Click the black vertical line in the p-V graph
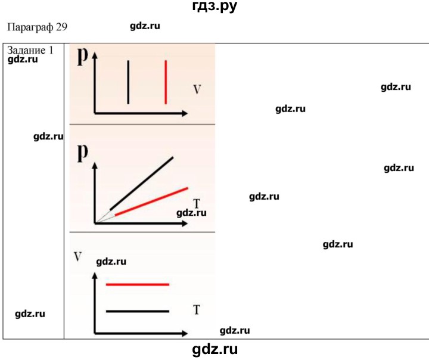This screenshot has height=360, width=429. point(128,82)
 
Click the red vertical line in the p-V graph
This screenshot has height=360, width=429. point(166,82)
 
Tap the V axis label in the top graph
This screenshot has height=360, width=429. point(196,90)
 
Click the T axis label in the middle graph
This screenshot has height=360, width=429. point(196,204)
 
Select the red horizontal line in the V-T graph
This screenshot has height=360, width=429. point(138,285)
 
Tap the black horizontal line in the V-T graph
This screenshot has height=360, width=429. point(138,311)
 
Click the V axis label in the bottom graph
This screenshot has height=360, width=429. point(78,257)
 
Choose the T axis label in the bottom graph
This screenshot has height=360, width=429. point(196,309)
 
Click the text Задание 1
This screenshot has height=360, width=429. point(31,50)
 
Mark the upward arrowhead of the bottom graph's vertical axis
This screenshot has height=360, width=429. point(95,277)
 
